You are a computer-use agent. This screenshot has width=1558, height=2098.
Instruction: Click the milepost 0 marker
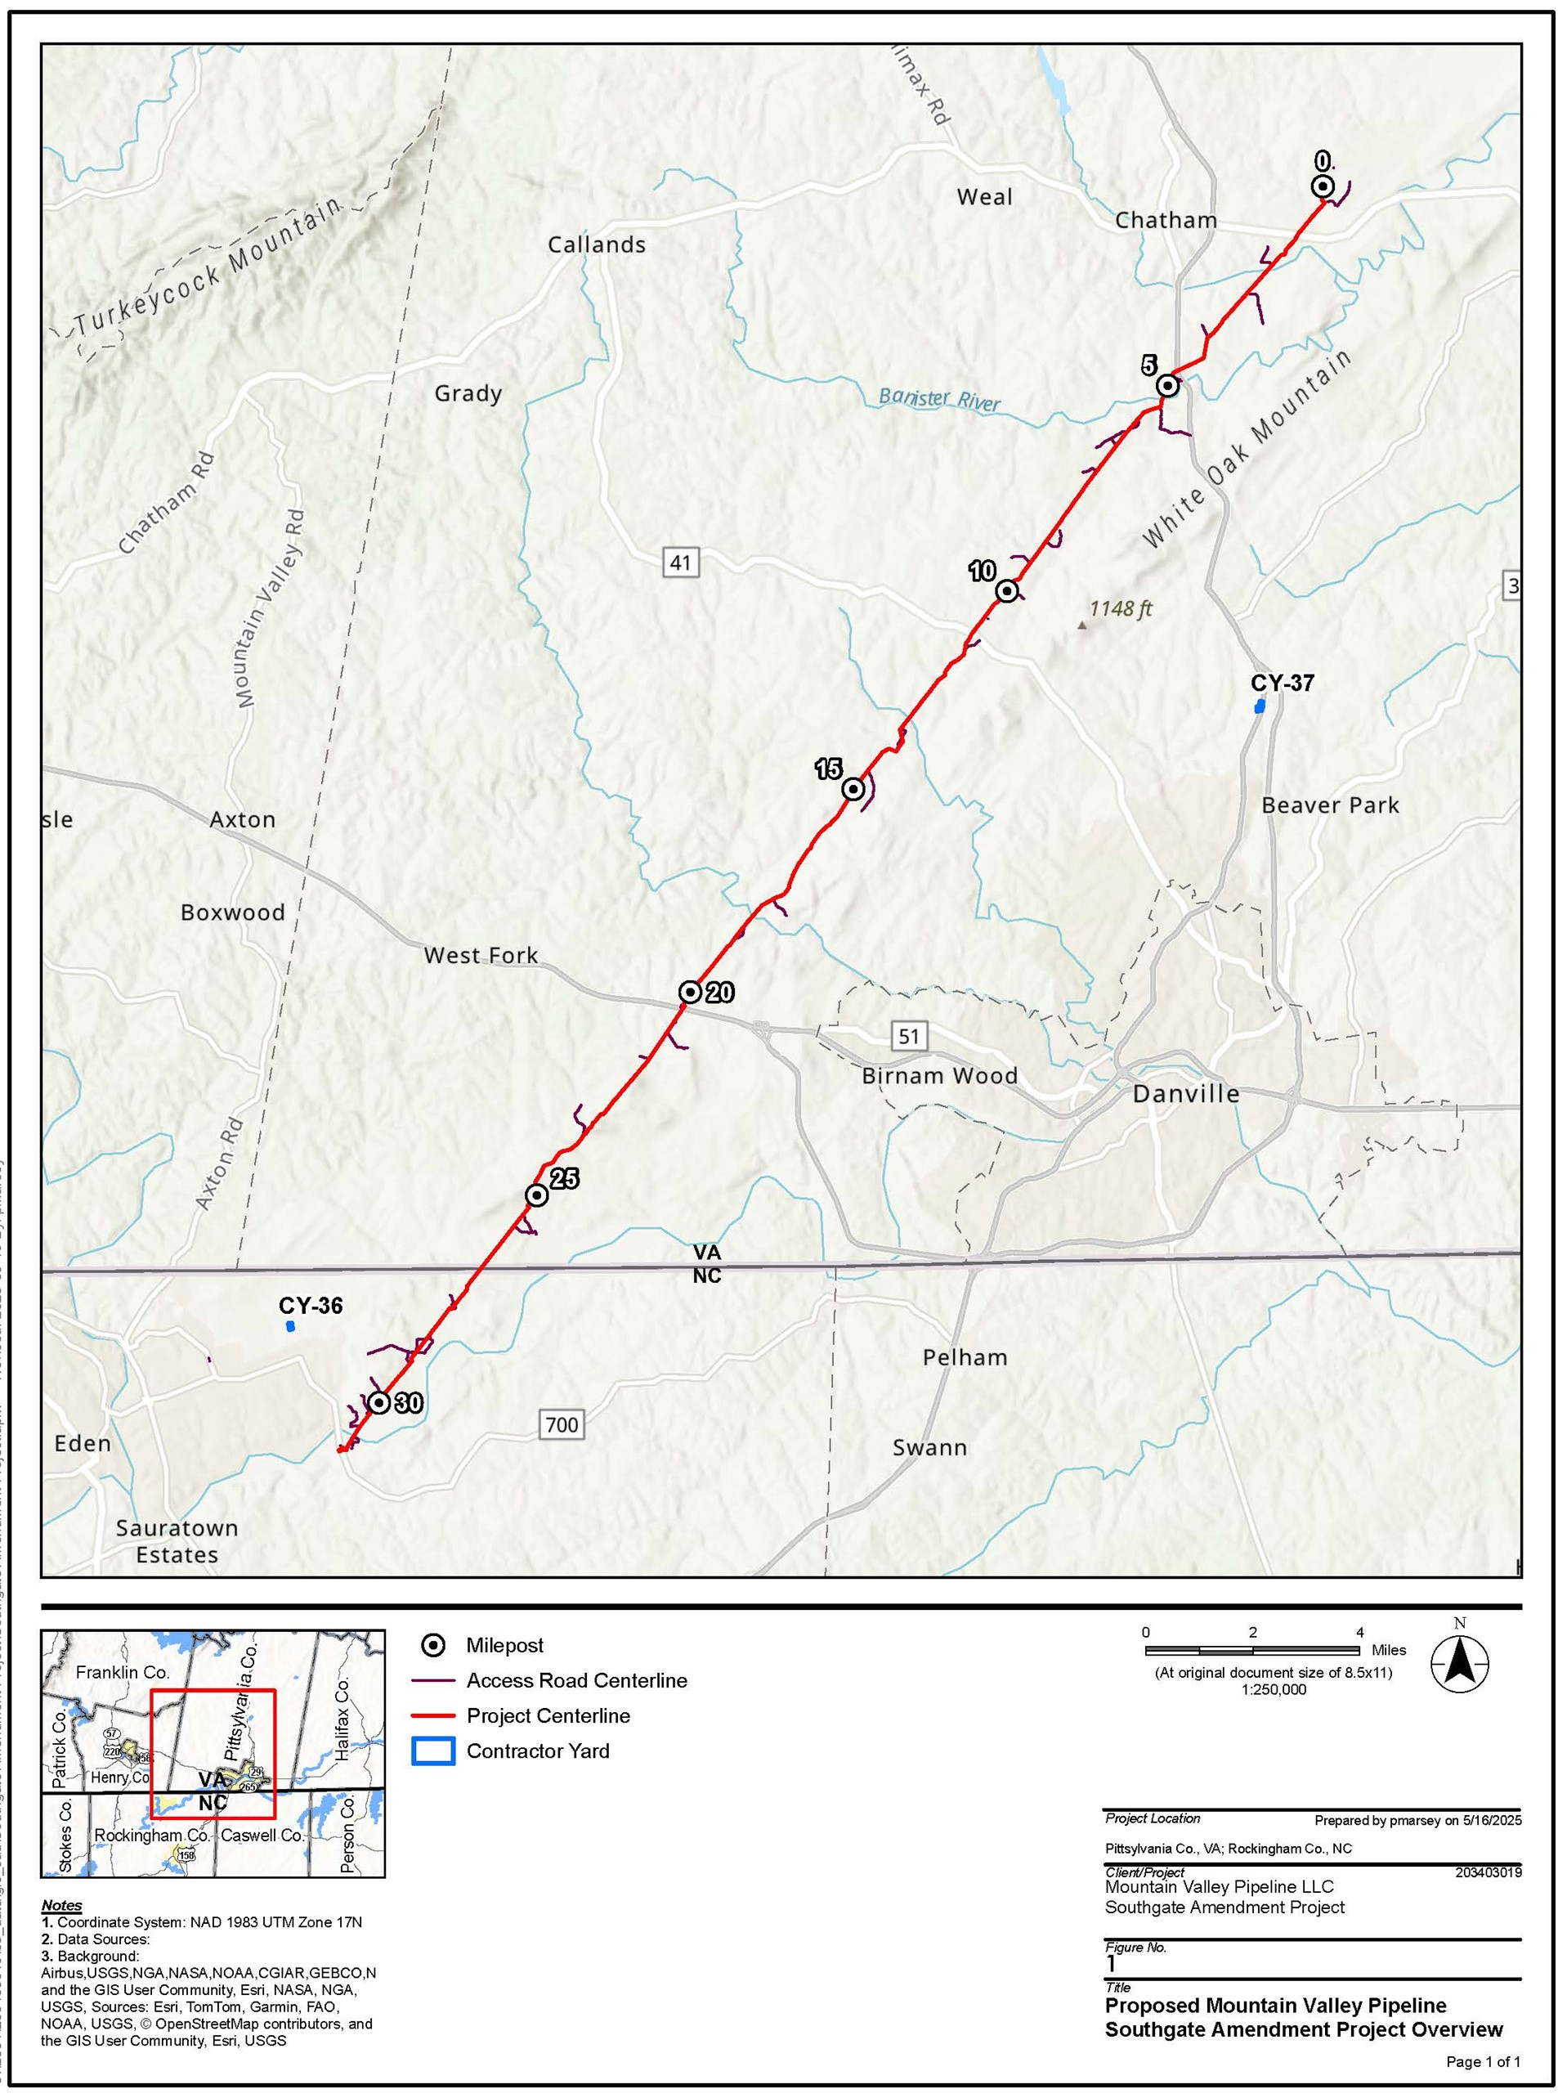pyautogui.click(x=1323, y=186)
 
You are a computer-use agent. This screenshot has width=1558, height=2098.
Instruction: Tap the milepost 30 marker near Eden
pyautogui.click(x=379, y=1403)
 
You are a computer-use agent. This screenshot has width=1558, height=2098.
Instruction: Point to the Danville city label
pyautogui.click(x=1185, y=1093)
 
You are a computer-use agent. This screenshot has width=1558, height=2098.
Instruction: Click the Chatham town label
pyautogui.click(x=1166, y=220)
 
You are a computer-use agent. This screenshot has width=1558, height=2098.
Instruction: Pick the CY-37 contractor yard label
pyautogui.click(x=1282, y=683)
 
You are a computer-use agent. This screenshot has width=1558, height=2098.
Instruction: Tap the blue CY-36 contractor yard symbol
pyautogui.click(x=290, y=1326)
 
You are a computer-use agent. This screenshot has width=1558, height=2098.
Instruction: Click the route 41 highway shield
pyautogui.click(x=680, y=563)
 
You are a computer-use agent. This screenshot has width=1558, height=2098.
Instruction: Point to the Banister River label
pyautogui.click(x=939, y=399)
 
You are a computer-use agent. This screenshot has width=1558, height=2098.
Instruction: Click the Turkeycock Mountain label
pyautogui.click(x=208, y=268)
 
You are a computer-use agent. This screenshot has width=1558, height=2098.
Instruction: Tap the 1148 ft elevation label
pyautogui.click(x=1121, y=608)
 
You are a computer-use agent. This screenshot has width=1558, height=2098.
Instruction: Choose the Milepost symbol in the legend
pyautogui.click(x=433, y=1645)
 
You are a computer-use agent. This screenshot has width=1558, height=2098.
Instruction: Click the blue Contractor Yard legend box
pyautogui.click(x=433, y=1751)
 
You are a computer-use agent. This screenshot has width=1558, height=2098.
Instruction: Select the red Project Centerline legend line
pyautogui.click(x=433, y=1716)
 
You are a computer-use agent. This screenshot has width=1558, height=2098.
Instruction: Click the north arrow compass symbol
pyautogui.click(x=1459, y=1663)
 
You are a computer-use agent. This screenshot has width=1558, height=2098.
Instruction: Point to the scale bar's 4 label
pyautogui.click(x=1359, y=1632)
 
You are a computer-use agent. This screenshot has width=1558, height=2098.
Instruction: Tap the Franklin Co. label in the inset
pyautogui.click(x=123, y=1671)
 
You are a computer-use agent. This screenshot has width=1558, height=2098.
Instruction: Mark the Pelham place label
pyautogui.click(x=965, y=1356)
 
